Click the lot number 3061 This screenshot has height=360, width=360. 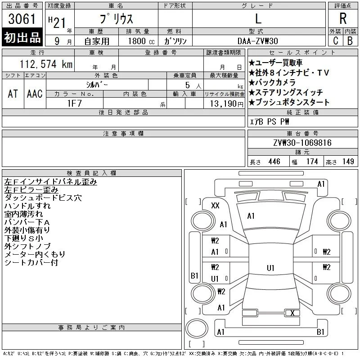(22, 19)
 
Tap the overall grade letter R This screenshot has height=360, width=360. (343, 18)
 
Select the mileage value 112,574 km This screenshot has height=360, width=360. (46, 64)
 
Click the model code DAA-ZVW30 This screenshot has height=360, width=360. (257, 41)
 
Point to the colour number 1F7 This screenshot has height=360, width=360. (74, 103)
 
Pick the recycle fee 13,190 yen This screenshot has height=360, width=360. (226, 104)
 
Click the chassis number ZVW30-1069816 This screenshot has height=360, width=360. (302, 143)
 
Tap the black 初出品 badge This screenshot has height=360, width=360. (22, 37)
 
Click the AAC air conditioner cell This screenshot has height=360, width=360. (35, 94)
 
